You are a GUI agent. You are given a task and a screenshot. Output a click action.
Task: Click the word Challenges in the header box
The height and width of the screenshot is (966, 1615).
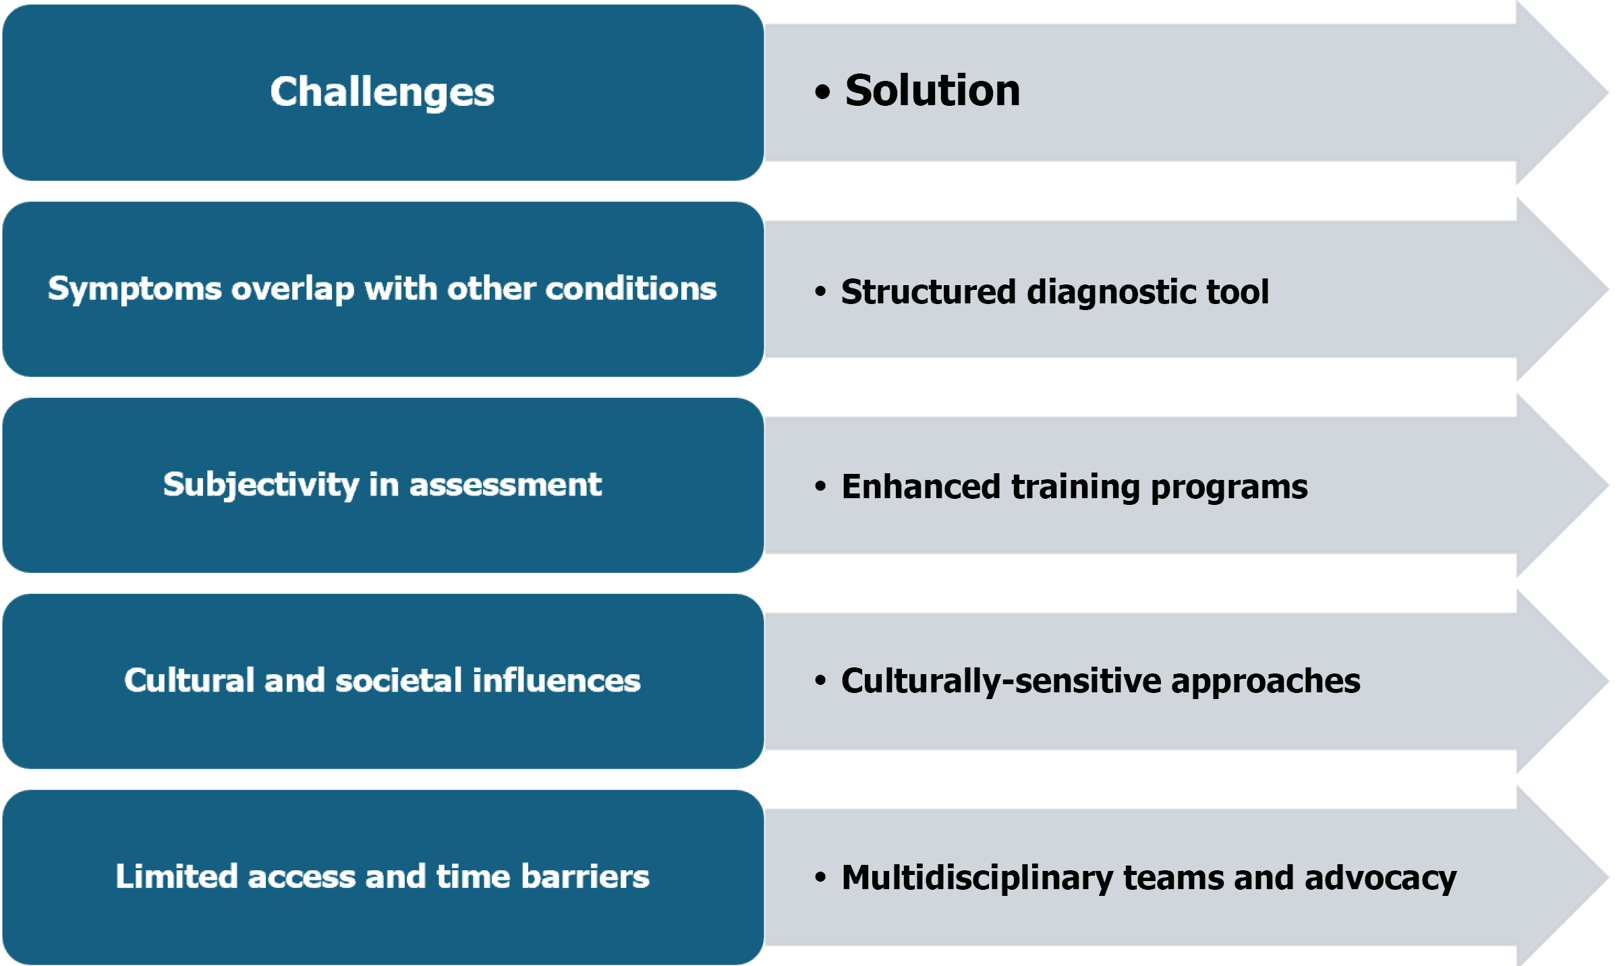point(382,92)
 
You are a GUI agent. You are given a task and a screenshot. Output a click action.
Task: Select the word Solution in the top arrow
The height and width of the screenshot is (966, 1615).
point(932,90)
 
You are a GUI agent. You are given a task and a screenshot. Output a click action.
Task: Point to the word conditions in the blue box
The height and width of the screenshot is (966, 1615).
point(631,289)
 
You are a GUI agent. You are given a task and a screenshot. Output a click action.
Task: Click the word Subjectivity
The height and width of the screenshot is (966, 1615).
point(261,485)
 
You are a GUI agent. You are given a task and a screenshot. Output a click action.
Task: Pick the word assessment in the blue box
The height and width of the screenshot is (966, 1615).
point(505,485)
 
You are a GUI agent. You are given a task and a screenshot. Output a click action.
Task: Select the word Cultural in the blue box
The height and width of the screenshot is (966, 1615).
point(189,680)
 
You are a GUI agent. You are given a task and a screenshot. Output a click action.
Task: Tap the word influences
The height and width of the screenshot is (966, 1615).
point(557,680)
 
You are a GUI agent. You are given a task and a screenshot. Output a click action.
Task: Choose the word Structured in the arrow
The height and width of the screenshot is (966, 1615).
point(928,292)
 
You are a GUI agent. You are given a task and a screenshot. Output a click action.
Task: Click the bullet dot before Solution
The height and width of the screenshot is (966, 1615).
point(822,92)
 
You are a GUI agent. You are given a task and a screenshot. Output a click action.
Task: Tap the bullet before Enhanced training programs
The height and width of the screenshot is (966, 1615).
point(820,487)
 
